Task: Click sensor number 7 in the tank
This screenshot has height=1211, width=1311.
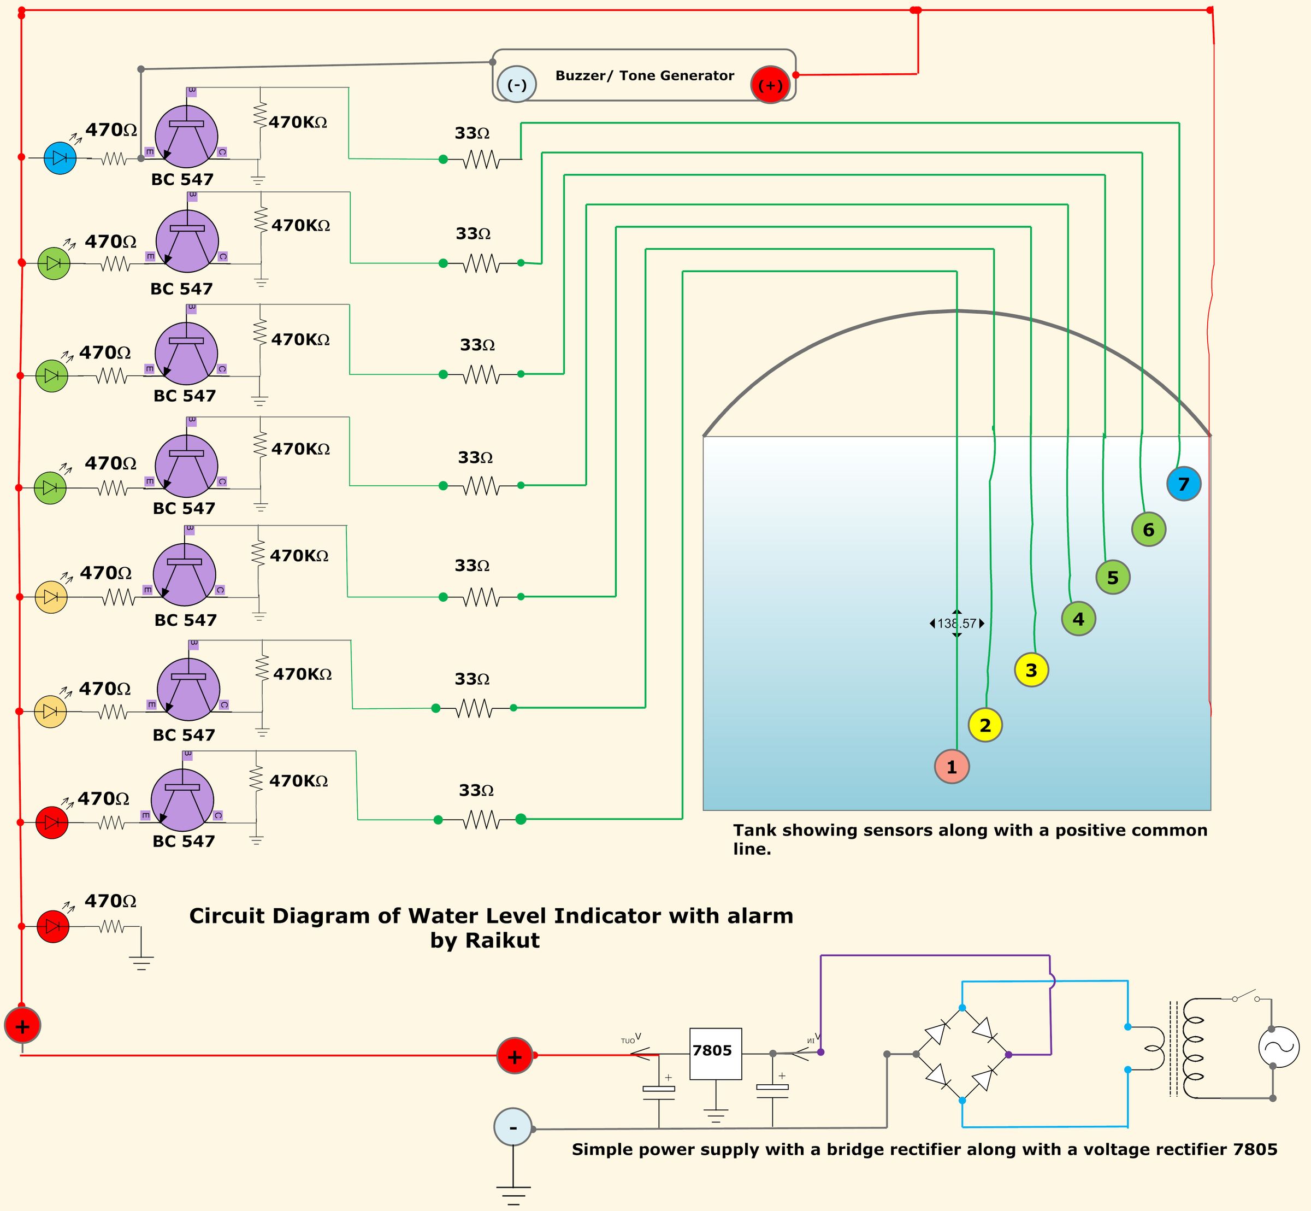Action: [1183, 484]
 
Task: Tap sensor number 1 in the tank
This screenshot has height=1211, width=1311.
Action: [952, 766]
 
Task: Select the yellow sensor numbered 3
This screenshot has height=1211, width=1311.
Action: [1031, 670]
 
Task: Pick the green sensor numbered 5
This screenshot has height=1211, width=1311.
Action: [1113, 577]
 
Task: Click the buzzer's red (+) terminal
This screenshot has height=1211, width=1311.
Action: [770, 85]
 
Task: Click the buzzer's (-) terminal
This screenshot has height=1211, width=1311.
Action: [517, 85]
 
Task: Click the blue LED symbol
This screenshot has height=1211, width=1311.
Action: [60, 158]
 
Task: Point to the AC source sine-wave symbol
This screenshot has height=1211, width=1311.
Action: [1278, 1047]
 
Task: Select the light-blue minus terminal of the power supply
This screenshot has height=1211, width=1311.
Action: [512, 1127]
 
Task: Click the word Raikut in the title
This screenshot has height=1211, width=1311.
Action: [503, 940]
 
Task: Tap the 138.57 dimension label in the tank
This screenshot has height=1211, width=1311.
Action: [956, 623]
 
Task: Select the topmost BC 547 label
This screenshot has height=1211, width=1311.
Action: [182, 179]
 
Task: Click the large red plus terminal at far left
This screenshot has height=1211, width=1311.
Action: [22, 1026]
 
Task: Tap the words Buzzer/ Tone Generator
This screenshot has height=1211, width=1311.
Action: [644, 76]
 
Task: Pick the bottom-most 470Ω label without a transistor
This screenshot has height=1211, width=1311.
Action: [111, 901]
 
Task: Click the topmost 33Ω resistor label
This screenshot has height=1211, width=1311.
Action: [473, 133]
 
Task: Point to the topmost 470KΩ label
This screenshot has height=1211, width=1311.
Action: [298, 122]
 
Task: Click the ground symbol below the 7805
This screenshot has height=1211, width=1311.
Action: [716, 1115]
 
